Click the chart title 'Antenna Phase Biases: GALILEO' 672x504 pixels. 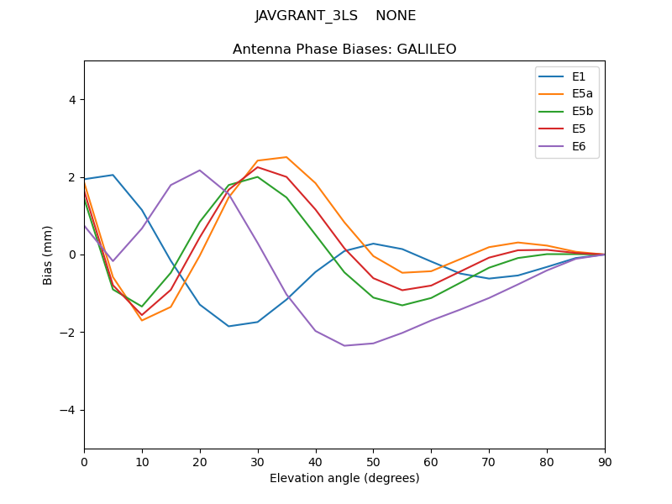point(344,50)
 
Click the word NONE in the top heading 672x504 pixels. point(396,16)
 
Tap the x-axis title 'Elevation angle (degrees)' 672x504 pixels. point(344,478)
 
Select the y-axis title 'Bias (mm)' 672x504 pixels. point(49,255)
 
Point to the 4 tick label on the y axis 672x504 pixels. point(71,99)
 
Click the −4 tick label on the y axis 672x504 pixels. point(68,410)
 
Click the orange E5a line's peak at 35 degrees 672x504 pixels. point(286,157)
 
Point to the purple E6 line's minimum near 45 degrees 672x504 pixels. point(344,345)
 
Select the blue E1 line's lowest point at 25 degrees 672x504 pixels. point(228,326)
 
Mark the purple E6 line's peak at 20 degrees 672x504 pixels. point(200,171)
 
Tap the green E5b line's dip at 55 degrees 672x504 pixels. point(402,305)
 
